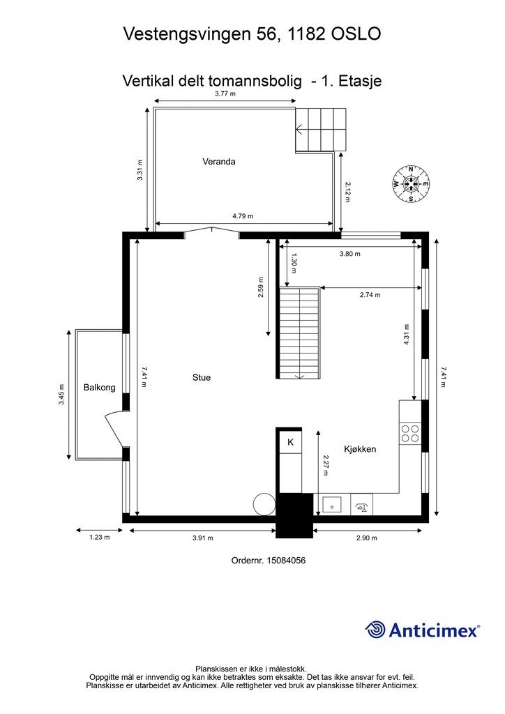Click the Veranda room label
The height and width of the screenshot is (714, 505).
pos(218,161)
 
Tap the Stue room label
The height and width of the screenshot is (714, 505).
pos(202,377)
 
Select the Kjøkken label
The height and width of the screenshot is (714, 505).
pos(360,449)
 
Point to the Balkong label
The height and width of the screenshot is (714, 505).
pos(99,388)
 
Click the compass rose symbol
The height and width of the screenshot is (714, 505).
pos(412,184)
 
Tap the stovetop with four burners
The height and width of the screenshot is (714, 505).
pos(410,434)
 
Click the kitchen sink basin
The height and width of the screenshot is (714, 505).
pos(333,505)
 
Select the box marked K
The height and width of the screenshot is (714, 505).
pos(290,441)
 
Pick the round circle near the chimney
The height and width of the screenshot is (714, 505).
pos(264,505)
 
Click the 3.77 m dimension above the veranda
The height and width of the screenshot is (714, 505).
pos(225,94)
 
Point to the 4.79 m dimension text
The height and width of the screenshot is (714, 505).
pos(243,216)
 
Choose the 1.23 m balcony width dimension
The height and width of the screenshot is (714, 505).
pos(99,538)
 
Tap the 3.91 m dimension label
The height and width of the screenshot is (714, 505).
pos(203,538)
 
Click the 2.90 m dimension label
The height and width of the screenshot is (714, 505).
pos(367,538)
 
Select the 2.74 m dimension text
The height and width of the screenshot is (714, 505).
pos(370,295)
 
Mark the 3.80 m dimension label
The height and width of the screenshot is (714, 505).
pos(349,254)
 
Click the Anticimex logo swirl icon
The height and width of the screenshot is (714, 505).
pos(375,630)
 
